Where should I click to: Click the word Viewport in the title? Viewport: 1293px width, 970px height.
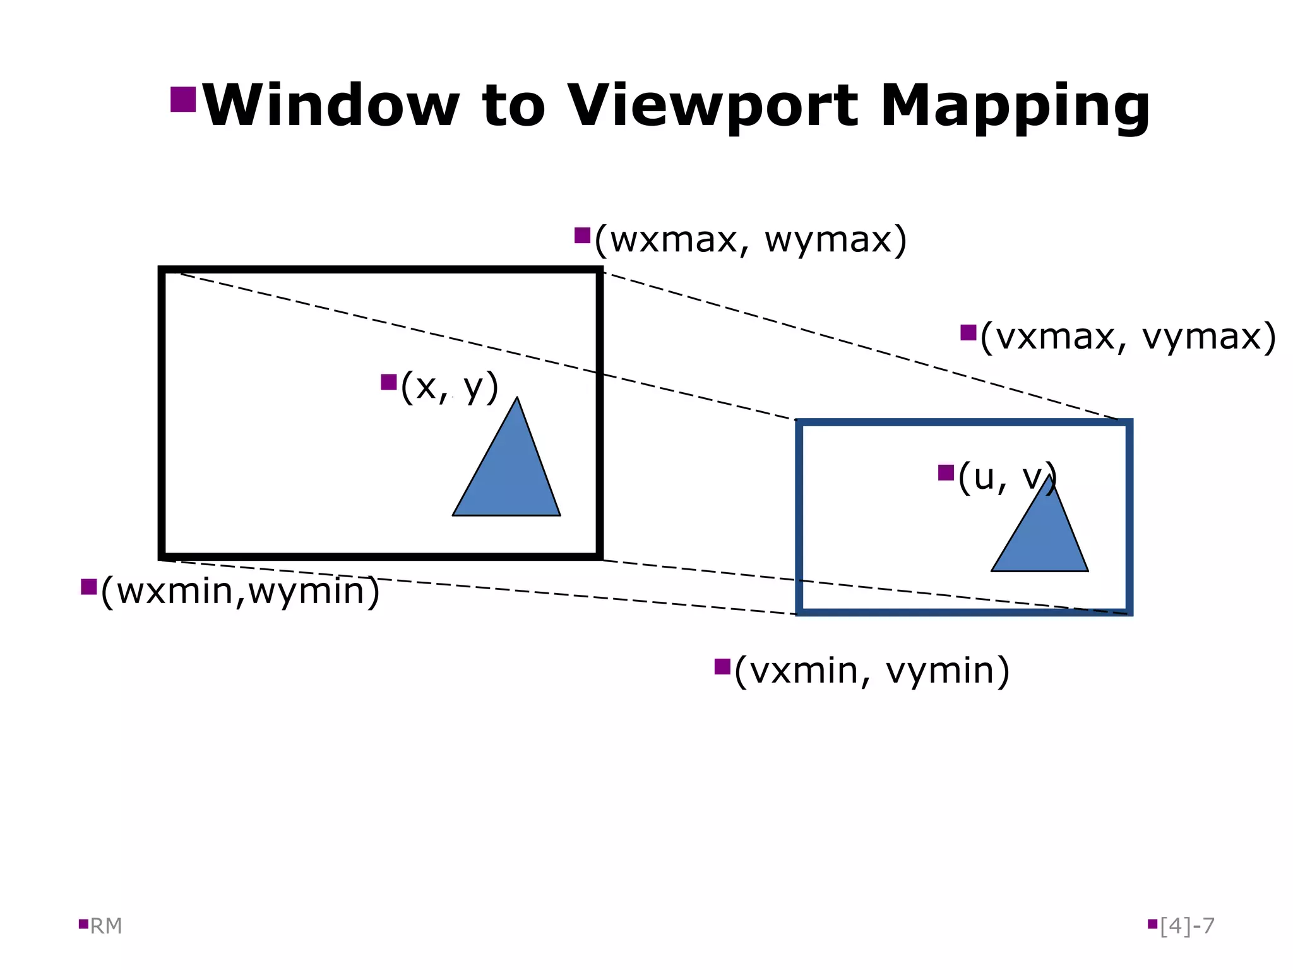click(x=713, y=105)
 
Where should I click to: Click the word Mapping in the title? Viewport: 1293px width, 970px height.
click(x=1015, y=105)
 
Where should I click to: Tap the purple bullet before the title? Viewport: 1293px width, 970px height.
click(x=183, y=99)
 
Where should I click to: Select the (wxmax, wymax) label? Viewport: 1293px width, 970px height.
click(x=750, y=240)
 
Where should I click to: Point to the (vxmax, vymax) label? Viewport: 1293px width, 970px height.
click(x=1128, y=337)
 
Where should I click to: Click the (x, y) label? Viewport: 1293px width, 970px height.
click(x=450, y=386)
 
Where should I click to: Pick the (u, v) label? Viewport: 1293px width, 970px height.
click(x=1005, y=477)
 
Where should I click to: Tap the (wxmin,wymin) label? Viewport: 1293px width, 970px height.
click(x=240, y=592)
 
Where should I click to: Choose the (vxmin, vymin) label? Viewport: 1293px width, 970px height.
click(x=871, y=671)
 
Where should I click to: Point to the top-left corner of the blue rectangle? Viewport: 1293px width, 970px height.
click(x=800, y=422)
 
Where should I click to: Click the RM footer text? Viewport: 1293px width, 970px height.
click(x=105, y=926)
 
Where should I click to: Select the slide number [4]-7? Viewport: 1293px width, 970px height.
click(x=1187, y=926)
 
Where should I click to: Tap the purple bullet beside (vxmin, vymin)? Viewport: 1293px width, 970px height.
click(x=722, y=666)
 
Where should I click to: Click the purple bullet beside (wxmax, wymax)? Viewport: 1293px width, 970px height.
click(x=582, y=236)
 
